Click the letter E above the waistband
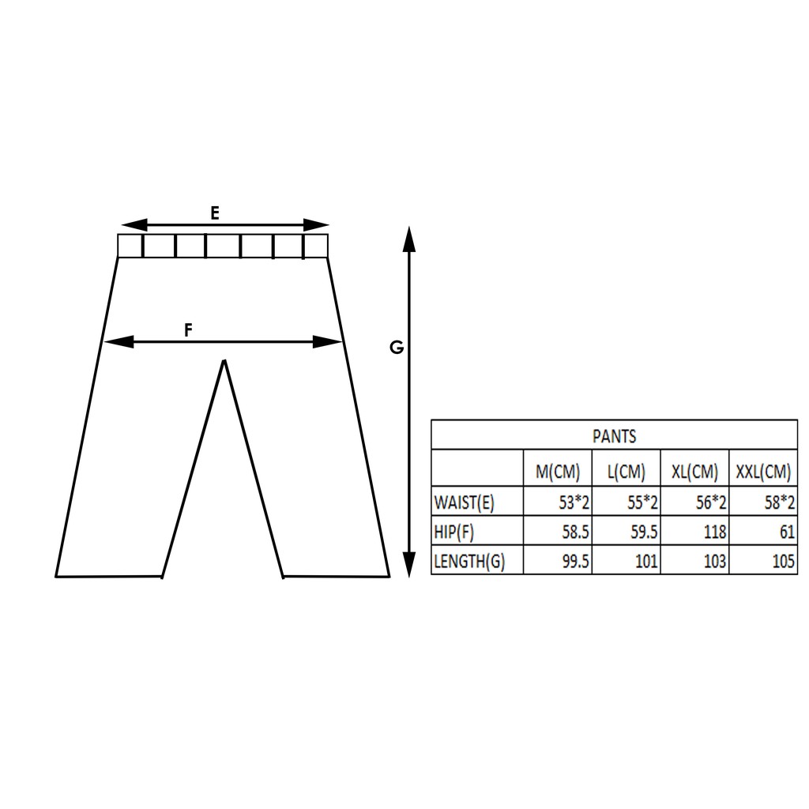(x=215, y=213)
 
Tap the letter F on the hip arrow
(x=188, y=329)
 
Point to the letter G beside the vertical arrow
(x=397, y=348)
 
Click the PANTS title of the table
(x=614, y=436)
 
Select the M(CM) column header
(x=558, y=472)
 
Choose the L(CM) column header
(x=627, y=472)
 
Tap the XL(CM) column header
(x=694, y=472)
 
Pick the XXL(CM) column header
(x=763, y=472)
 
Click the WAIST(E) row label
(x=465, y=502)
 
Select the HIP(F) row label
(x=454, y=532)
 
